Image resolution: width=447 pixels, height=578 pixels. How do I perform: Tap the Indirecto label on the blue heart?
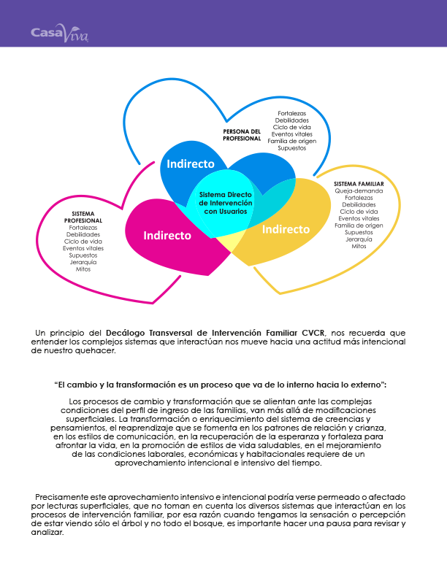pos(190,163)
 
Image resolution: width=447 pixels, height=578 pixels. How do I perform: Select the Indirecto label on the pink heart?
pos(167,235)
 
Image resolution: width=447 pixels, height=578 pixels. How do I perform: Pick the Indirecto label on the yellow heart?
pos(286,228)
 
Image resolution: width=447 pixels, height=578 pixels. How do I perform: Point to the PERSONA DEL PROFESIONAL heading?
pos(242,134)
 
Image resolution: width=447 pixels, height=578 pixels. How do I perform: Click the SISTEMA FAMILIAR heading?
pos(359,183)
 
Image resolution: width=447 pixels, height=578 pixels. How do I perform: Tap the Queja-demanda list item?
pos(359,190)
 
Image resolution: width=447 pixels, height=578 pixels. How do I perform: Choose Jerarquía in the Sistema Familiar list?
pos(359,239)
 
